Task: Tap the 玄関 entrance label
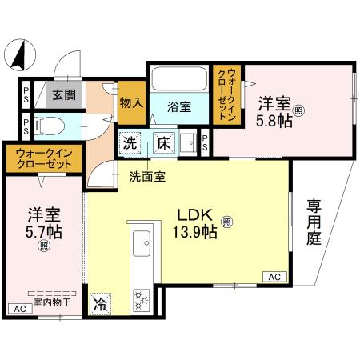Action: click(x=64, y=94)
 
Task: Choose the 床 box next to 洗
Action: click(x=161, y=144)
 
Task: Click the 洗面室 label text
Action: click(x=148, y=178)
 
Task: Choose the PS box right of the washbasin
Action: click(x=206, y=144)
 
